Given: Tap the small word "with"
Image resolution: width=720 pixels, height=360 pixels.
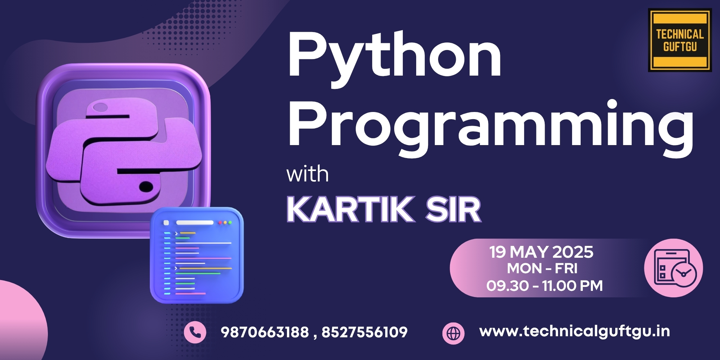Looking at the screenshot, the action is (x=307, y=174).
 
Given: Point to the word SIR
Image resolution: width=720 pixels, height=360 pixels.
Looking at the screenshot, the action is (x=453, y=210).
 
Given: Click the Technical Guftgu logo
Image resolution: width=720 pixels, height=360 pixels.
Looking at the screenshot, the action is (x=680, y=40).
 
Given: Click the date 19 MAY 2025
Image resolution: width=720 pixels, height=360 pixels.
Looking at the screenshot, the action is (x=541, y=252).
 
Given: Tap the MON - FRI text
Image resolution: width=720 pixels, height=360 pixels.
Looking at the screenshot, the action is (x=542, y=269).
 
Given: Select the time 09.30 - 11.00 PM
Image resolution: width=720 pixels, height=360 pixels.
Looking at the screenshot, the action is (x=544, y=286).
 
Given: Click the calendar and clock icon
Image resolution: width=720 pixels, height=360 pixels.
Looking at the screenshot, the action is (x=673, y=268).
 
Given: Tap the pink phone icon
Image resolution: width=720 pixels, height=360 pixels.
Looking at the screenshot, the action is (x=195, y=332).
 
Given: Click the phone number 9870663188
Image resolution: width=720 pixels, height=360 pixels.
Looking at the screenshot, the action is (x=265, y=332).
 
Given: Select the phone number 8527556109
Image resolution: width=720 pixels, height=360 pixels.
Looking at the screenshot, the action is (x=364, y=332).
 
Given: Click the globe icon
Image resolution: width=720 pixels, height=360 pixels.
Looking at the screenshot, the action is (x=453, y=333).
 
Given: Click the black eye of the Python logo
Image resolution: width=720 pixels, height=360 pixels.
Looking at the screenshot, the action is (x=146, y=186).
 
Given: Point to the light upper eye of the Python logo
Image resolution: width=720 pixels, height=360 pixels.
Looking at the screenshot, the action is (x=100, y=108).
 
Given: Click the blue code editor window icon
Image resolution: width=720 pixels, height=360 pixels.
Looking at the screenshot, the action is (x=197, y=255).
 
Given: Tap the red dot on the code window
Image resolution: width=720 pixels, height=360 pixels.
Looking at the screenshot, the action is (x=220, y=223).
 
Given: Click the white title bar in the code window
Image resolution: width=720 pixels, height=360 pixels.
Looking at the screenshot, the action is (x=194, y=223).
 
